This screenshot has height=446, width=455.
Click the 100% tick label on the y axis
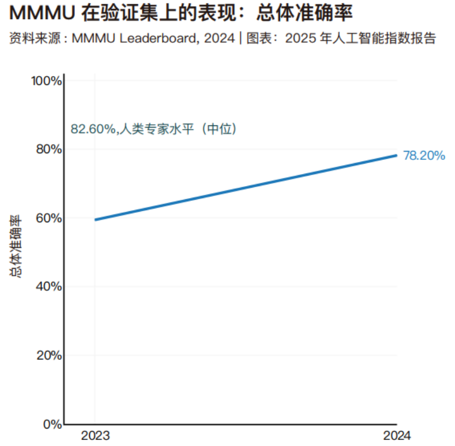[x=47, y=81]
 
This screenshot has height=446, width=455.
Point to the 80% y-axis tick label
[x=49, y=149]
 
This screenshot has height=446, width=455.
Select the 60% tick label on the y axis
[x=49, y=218]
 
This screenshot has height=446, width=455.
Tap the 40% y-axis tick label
[x=49, y=287]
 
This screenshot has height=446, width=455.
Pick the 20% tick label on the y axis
[x=49, y=356]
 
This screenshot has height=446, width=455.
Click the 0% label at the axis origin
[x=53, y=424]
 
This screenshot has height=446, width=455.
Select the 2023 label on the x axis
[x=95, y=436]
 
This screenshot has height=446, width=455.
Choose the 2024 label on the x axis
[x=396, y=436]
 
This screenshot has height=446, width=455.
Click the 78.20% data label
[x=424, y=155]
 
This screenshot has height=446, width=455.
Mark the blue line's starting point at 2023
[x=95, y=220]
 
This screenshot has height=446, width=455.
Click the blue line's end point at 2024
[x=396, y=155]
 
